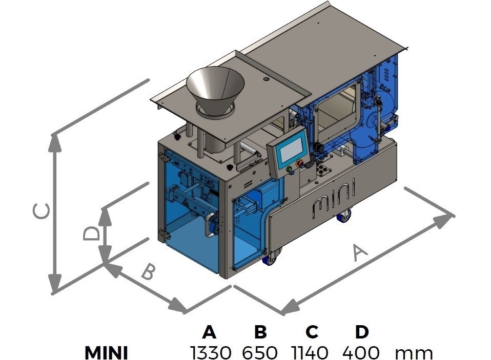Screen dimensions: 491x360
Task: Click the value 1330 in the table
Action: click(x=211, y=352)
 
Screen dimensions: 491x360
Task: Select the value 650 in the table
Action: click(x=260, y=352)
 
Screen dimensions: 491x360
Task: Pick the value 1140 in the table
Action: click(x=310, y=352)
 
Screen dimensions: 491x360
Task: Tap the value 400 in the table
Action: click(x=361, y=352)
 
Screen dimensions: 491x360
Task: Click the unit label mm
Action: click(x=414, y=354)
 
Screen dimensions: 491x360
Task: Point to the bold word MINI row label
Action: click(x=106, y=353)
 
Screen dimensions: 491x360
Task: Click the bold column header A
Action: click(x=209, y=332)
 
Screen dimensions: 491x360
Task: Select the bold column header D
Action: click(x=362, y=332)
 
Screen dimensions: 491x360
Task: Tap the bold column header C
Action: click(x=311, y=332)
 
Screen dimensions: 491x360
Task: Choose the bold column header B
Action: click(x=260, y=332)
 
